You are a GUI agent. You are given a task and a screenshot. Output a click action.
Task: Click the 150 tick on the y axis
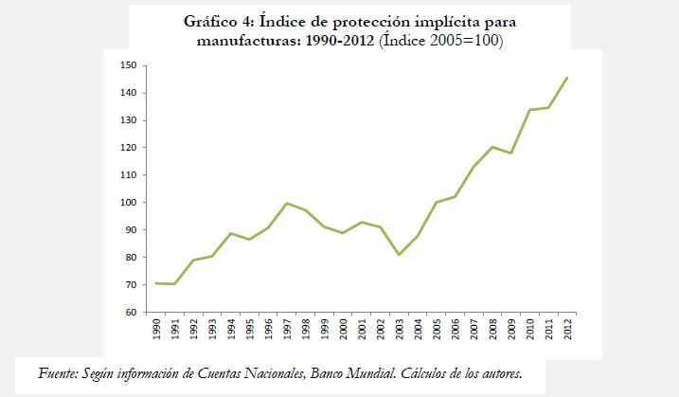[129, 65]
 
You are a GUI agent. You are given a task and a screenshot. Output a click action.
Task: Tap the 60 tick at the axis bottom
[132, 313]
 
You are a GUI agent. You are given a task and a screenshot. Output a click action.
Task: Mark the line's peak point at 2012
[567, 78]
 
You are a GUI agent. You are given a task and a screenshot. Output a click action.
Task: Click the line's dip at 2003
[399, 255]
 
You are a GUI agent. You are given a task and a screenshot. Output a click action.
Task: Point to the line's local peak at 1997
[286, 203]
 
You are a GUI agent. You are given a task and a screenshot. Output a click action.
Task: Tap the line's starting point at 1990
[155, 283]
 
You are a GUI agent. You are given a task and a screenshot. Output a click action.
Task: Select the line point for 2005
[436, 203]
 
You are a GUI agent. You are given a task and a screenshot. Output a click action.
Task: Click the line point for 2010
[529, 110]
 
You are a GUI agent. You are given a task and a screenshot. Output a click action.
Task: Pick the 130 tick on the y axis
[129, 120]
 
